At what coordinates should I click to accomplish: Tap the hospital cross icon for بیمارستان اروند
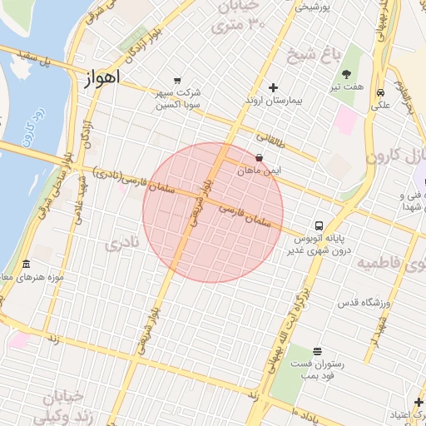(274, 87)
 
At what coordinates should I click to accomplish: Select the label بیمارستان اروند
(271, 101)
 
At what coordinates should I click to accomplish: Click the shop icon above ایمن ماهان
(260, 157)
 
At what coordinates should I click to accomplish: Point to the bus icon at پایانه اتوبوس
(318, 225)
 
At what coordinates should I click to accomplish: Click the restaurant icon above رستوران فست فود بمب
(316, 352)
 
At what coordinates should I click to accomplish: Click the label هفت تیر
(346, 86)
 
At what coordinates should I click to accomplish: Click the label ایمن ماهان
(260, 170)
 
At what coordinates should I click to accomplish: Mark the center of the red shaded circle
(213, 212)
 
